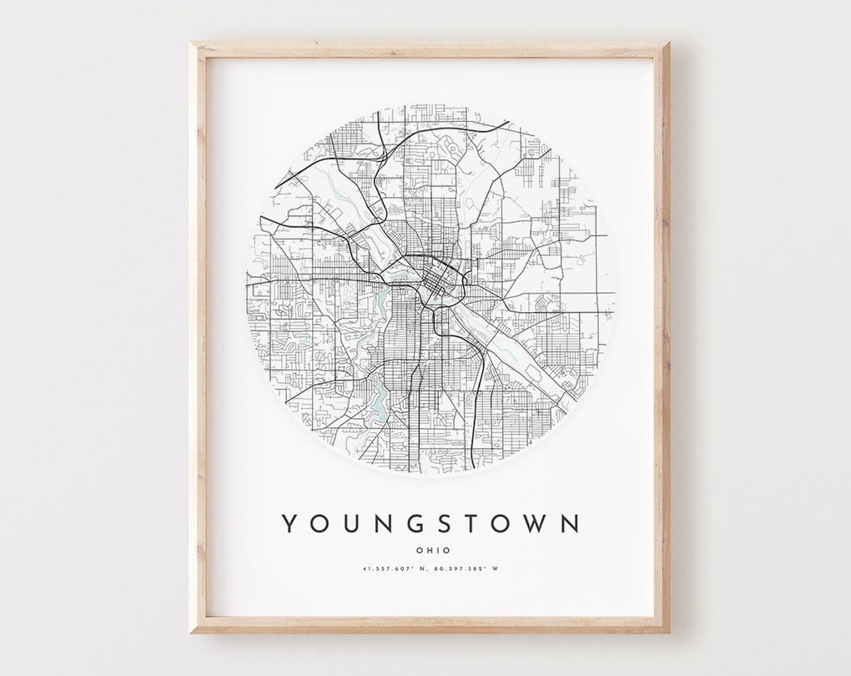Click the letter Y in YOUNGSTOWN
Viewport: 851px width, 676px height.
pos(288,523)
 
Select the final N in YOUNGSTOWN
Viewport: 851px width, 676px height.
pos(570,523)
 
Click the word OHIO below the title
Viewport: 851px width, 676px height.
pos(431,550)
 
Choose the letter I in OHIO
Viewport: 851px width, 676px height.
pos(436,550)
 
